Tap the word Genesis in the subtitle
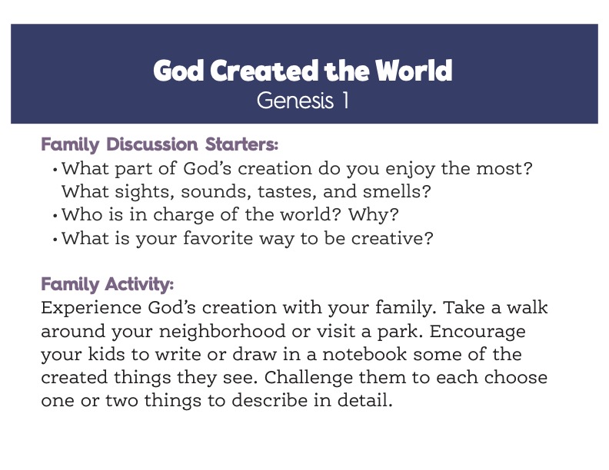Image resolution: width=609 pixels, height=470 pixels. (x=295, y=101)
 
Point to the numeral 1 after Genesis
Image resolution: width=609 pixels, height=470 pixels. (x=345, y=101)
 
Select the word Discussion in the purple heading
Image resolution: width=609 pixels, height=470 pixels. (x=151, y=144)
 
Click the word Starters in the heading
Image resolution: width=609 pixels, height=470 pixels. (x=241, y=144)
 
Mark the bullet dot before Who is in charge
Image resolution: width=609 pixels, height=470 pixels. (x=55, y=216)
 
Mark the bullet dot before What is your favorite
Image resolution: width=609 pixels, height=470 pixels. (x=55, y=240)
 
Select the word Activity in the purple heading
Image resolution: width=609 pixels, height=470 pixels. (x=139, y=284)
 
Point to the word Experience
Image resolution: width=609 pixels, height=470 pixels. (x=92, y=308)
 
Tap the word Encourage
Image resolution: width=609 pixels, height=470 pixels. (x=478, y=333)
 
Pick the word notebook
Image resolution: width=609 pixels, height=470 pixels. (x=364, y=354)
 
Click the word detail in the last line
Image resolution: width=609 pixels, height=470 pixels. (x=364, y=401)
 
